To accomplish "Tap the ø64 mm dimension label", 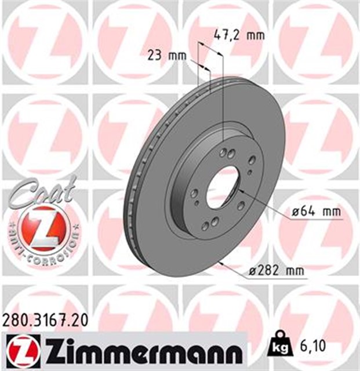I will [315, 212].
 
